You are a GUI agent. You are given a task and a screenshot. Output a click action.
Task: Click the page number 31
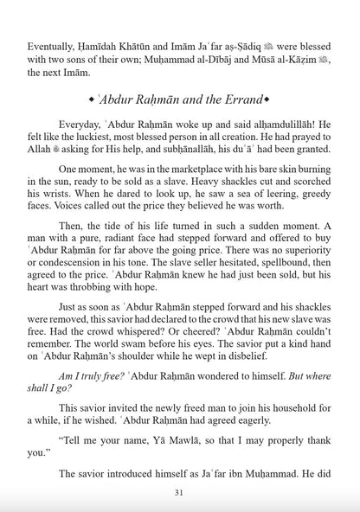[x=180, y=493]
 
